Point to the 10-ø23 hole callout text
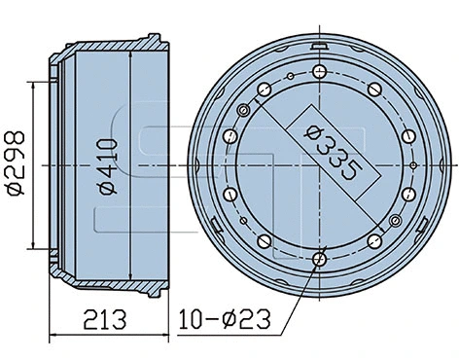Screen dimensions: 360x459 tap(226, 318)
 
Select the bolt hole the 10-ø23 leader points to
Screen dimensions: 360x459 tap(321, 260)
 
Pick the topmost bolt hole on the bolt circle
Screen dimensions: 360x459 tap(321, 71)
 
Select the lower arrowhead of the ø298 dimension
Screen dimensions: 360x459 tap(37, 246)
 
